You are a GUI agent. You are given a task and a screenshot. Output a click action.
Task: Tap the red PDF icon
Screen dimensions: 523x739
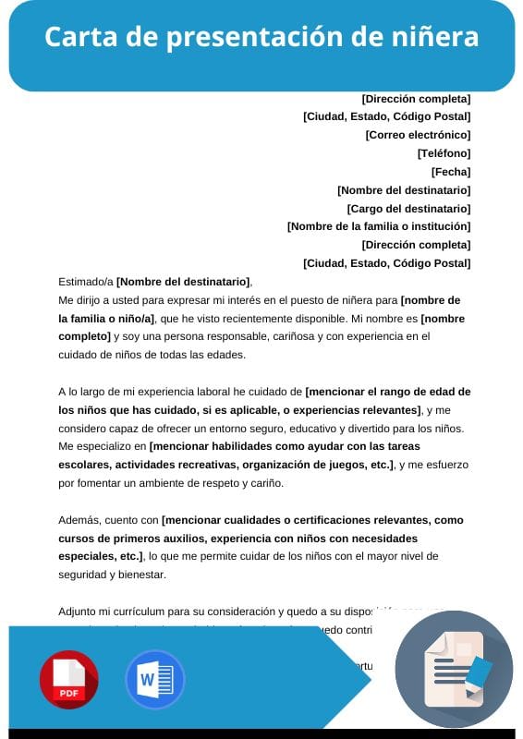pyautogui.click(x=68, y=679)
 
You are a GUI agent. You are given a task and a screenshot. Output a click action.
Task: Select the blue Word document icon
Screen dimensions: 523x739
pyautogui.click(x=154, y=679)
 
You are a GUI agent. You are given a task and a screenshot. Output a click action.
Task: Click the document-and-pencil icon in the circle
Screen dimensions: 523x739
pyautogui.click(x=454, y=670)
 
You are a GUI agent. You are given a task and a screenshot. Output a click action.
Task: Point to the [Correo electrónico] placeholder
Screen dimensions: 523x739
pyautogui.click(x=418, y=135)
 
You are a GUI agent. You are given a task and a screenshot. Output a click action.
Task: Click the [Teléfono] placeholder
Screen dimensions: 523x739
pyautogui.click(x=444, y=153)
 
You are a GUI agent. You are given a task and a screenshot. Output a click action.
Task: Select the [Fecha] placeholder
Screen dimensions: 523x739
pyautogui.click(x=451, y=172)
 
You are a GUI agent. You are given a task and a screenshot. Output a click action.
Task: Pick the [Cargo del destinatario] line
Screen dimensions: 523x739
pyautogui.click(x=408, y=209)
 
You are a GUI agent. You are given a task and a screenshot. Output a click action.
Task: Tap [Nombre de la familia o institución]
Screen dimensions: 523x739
pyautogui.click(x=379, y=226)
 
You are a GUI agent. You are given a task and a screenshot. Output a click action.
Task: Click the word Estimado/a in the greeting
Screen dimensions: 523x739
pyautogui.click(x=85, y=282)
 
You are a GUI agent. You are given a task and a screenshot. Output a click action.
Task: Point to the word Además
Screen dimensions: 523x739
pyautogui.click(x=79, y=520)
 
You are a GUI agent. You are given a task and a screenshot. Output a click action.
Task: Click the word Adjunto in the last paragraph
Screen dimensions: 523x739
pyautogui.click(x=79, y=612)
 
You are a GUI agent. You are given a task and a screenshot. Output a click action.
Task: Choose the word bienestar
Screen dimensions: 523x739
pyautogui.click(x=138, y=575)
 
